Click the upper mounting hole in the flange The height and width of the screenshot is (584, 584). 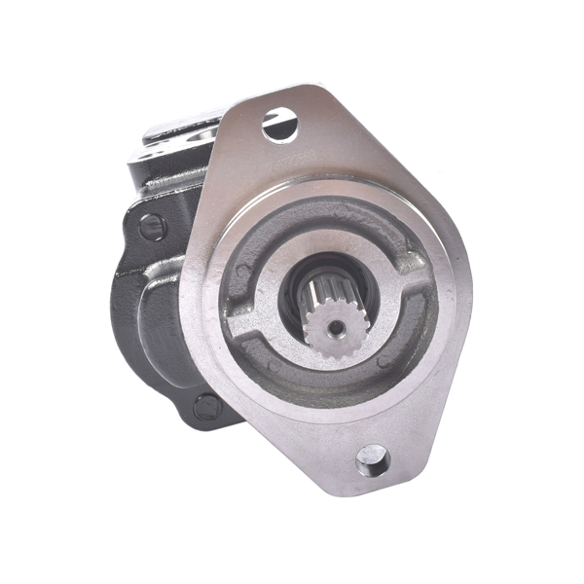pos(278,125)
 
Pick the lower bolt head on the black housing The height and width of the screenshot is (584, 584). pos(206,406)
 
